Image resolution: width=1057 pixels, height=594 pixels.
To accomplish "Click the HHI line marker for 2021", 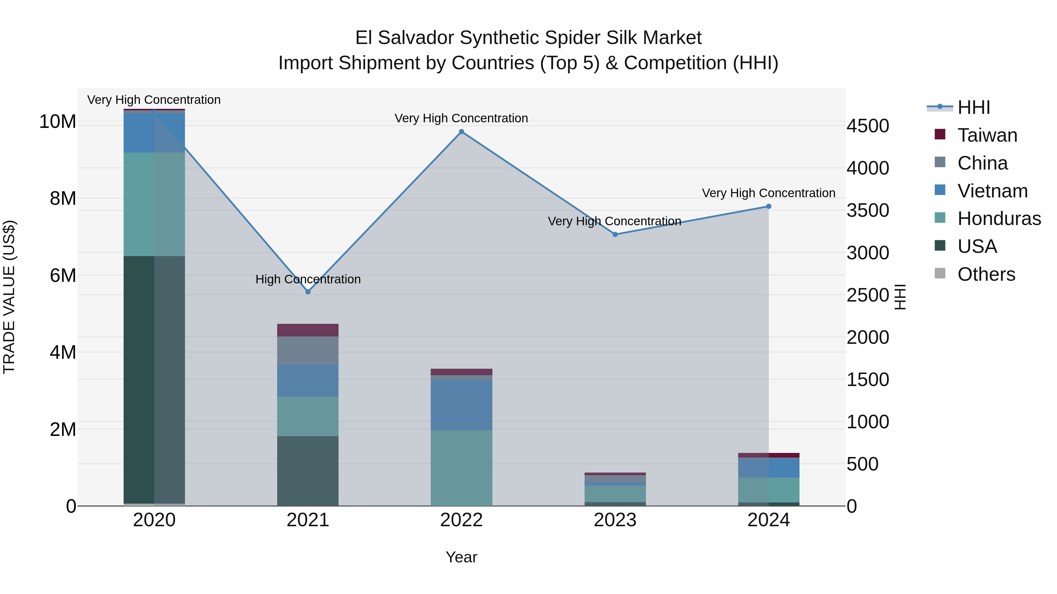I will (308, 292).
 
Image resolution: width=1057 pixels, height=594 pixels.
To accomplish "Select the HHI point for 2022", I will (462, 132).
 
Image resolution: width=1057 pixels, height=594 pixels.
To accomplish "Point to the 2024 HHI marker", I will (769, 207).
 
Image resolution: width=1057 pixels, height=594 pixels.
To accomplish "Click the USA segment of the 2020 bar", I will (154, 379).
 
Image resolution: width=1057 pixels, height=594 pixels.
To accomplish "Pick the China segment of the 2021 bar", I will (308, 351).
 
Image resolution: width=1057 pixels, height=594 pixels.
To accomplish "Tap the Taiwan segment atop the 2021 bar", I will (308, 330).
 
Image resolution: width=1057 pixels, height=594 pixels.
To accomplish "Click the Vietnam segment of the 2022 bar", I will (462, 405).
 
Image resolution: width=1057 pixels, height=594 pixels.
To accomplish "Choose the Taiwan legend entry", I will (987, 135).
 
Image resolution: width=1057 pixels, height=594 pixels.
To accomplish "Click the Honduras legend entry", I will (999, 219).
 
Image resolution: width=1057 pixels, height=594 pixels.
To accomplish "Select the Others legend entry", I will (986, 274).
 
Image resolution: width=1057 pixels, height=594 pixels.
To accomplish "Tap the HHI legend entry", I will (973, 107).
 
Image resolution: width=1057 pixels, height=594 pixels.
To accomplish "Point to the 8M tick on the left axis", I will (63, 198).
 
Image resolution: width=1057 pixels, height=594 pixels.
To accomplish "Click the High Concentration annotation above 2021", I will (308, 279).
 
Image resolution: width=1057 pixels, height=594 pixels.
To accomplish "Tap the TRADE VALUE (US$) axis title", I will (9, 297).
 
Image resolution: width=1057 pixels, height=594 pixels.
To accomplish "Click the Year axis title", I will (461, 557).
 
